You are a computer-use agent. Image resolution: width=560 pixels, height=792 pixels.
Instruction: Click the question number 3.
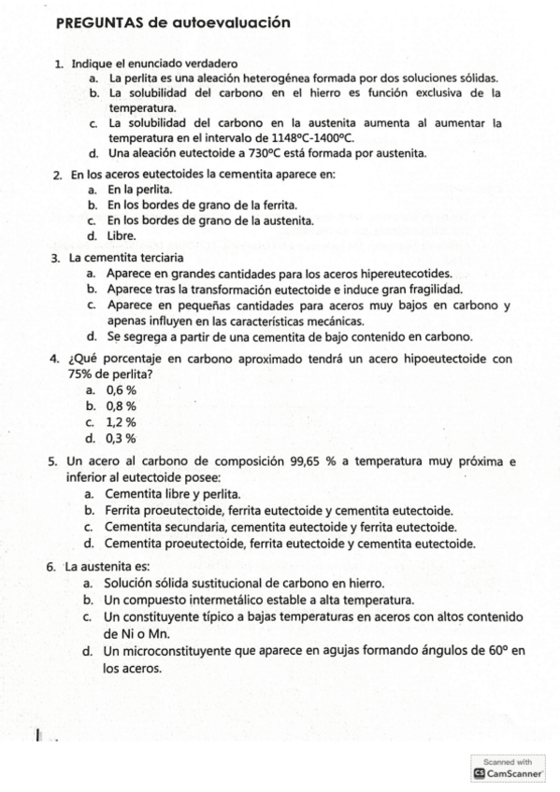point(55,257)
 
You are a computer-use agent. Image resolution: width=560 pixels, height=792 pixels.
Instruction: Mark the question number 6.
point(50,566)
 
